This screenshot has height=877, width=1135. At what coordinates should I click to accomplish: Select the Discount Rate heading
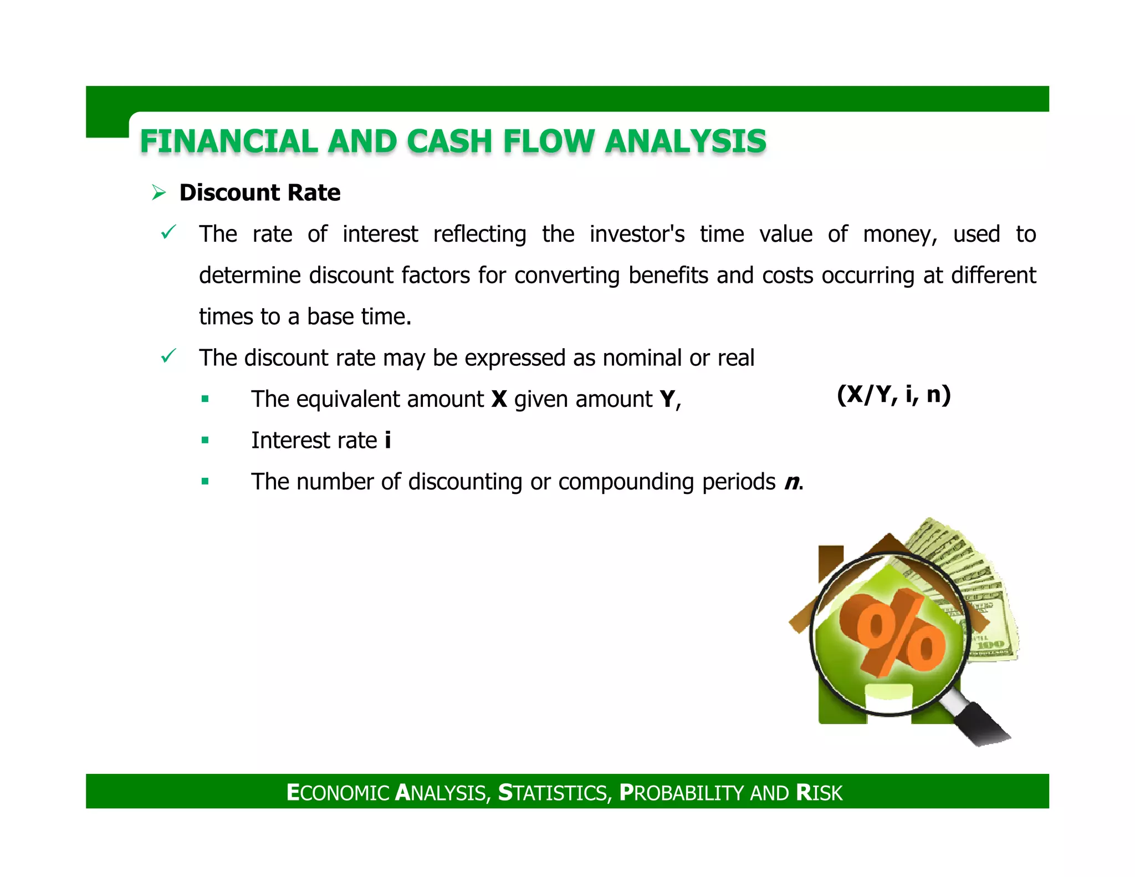click(260, 193)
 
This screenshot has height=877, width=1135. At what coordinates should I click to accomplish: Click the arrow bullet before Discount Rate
click(159, 193)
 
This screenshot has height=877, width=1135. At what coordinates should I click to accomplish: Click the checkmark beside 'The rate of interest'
click(168, 232)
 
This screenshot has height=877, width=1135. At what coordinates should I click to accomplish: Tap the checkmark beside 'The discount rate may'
click(168, 356)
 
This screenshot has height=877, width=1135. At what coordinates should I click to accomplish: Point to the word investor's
click(637, 234)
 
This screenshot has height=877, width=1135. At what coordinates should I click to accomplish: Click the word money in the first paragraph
click(899, 234)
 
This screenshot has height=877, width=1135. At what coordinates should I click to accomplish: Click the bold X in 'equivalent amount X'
click(499, 399)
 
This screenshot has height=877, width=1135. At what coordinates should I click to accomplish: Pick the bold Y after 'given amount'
click(667, 399)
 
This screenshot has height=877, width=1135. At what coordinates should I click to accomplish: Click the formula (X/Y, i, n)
click(893, 395)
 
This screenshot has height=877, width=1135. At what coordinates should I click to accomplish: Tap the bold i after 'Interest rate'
click(387, 441)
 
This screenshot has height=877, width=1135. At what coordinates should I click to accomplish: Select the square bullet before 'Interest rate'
click(205, 441)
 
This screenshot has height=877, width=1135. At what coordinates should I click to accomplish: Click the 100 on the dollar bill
click(990, 645)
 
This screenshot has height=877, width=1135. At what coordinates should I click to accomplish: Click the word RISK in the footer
click(819, 793)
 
